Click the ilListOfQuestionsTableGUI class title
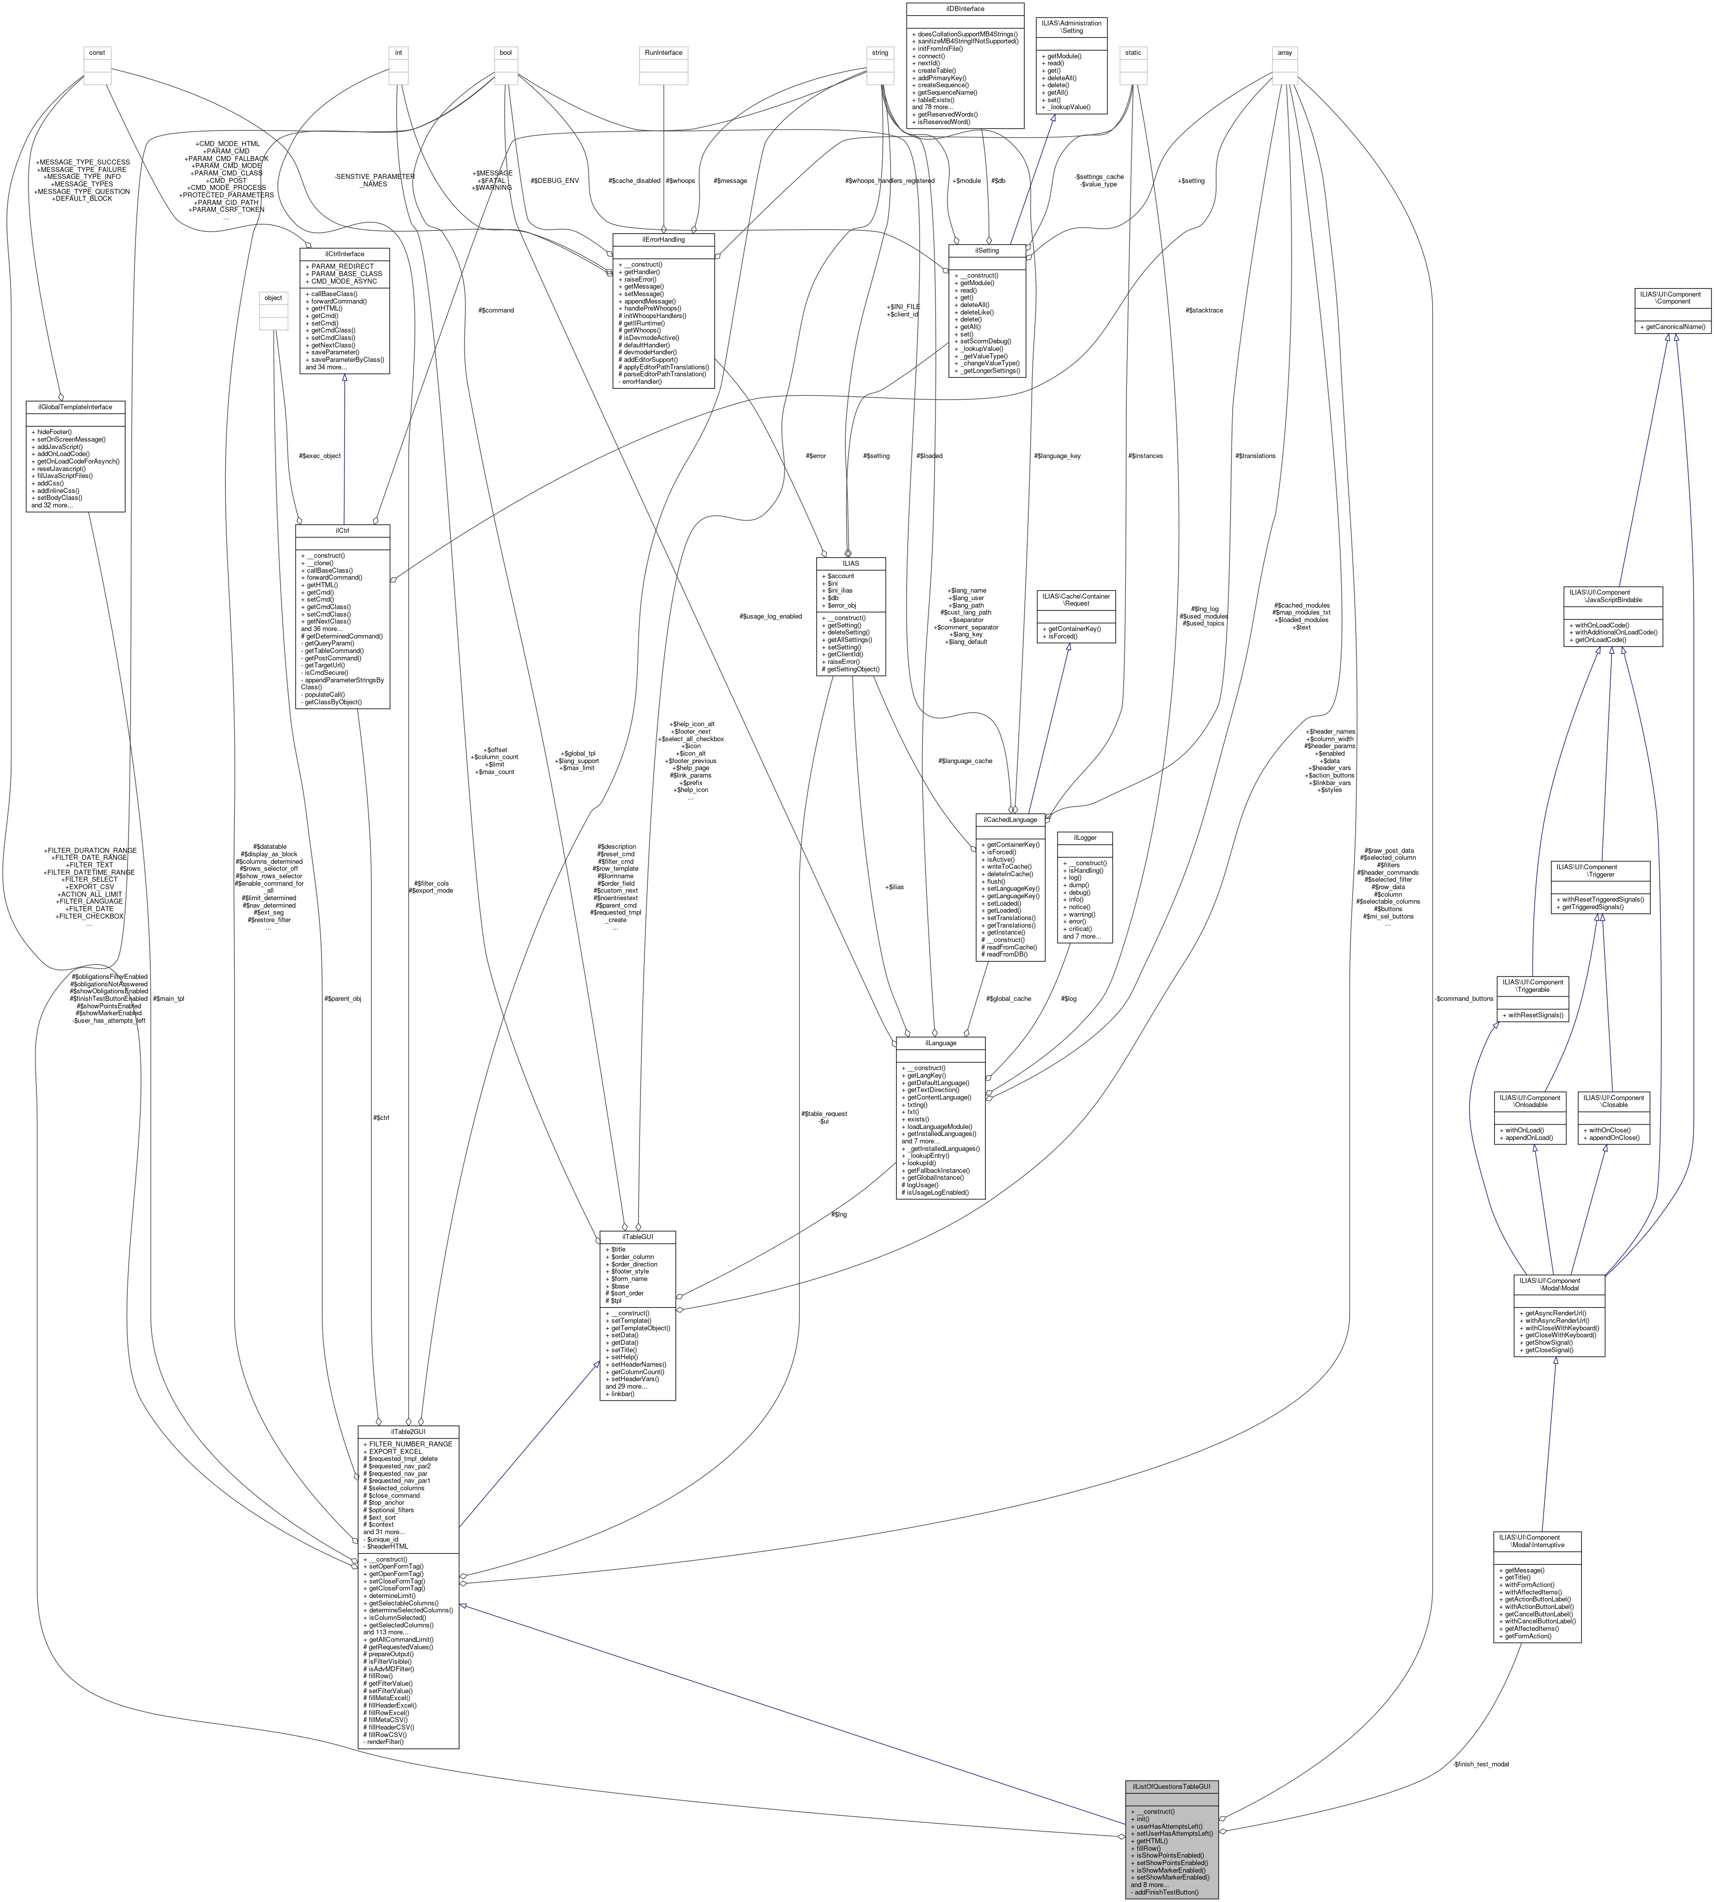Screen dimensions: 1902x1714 pos(1172,1786)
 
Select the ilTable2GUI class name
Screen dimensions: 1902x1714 pos(408,1431)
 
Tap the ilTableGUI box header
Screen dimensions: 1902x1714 pos(637,1236)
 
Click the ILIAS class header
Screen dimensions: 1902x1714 pos(850,563)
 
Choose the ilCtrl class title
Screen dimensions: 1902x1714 pos(343,530)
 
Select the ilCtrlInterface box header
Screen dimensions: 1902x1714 pos(345,253)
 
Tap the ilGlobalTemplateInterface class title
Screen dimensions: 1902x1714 pos(75,407)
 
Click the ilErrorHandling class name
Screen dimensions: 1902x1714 pos(663,239)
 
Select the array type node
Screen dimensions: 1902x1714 pos(1284,53)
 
